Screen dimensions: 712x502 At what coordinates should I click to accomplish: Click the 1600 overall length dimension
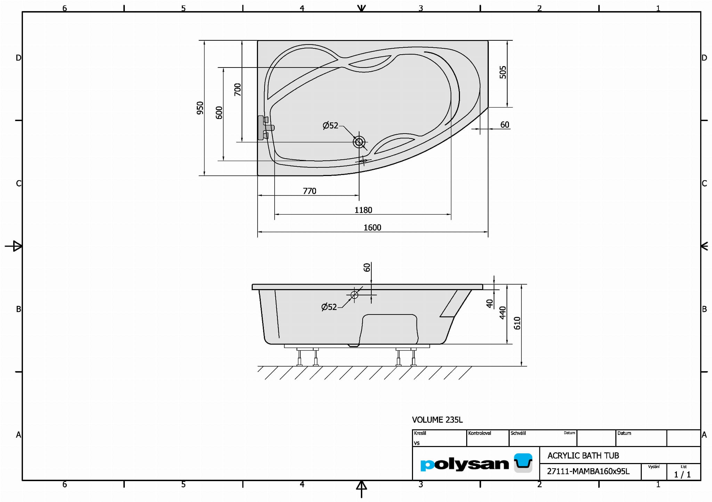pyautogui.click(x=372, y=228)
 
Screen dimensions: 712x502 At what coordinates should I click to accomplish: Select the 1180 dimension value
pyautogui.click(x=363, y=210)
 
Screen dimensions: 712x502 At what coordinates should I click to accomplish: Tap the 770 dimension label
pyautogui.click(x=309, y=191)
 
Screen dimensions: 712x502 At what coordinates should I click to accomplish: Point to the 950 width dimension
pyautogui.click(x=200, y=108)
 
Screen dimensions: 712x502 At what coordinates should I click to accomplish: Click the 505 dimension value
pyautogui.click(x=503, y=72)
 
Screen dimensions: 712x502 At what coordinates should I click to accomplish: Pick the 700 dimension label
pyautogui.click(x=237, y=90)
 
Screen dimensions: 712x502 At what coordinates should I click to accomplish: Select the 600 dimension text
pyautogui.click(x=219, y=113)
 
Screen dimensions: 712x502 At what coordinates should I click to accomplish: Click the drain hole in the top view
pyautogui.click(x=359, y=142)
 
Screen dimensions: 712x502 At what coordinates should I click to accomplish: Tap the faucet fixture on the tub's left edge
pyautogui.click(x=265, y=128)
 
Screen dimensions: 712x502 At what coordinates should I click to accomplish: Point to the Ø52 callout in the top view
pyautogui.click(x=330, y=125)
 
